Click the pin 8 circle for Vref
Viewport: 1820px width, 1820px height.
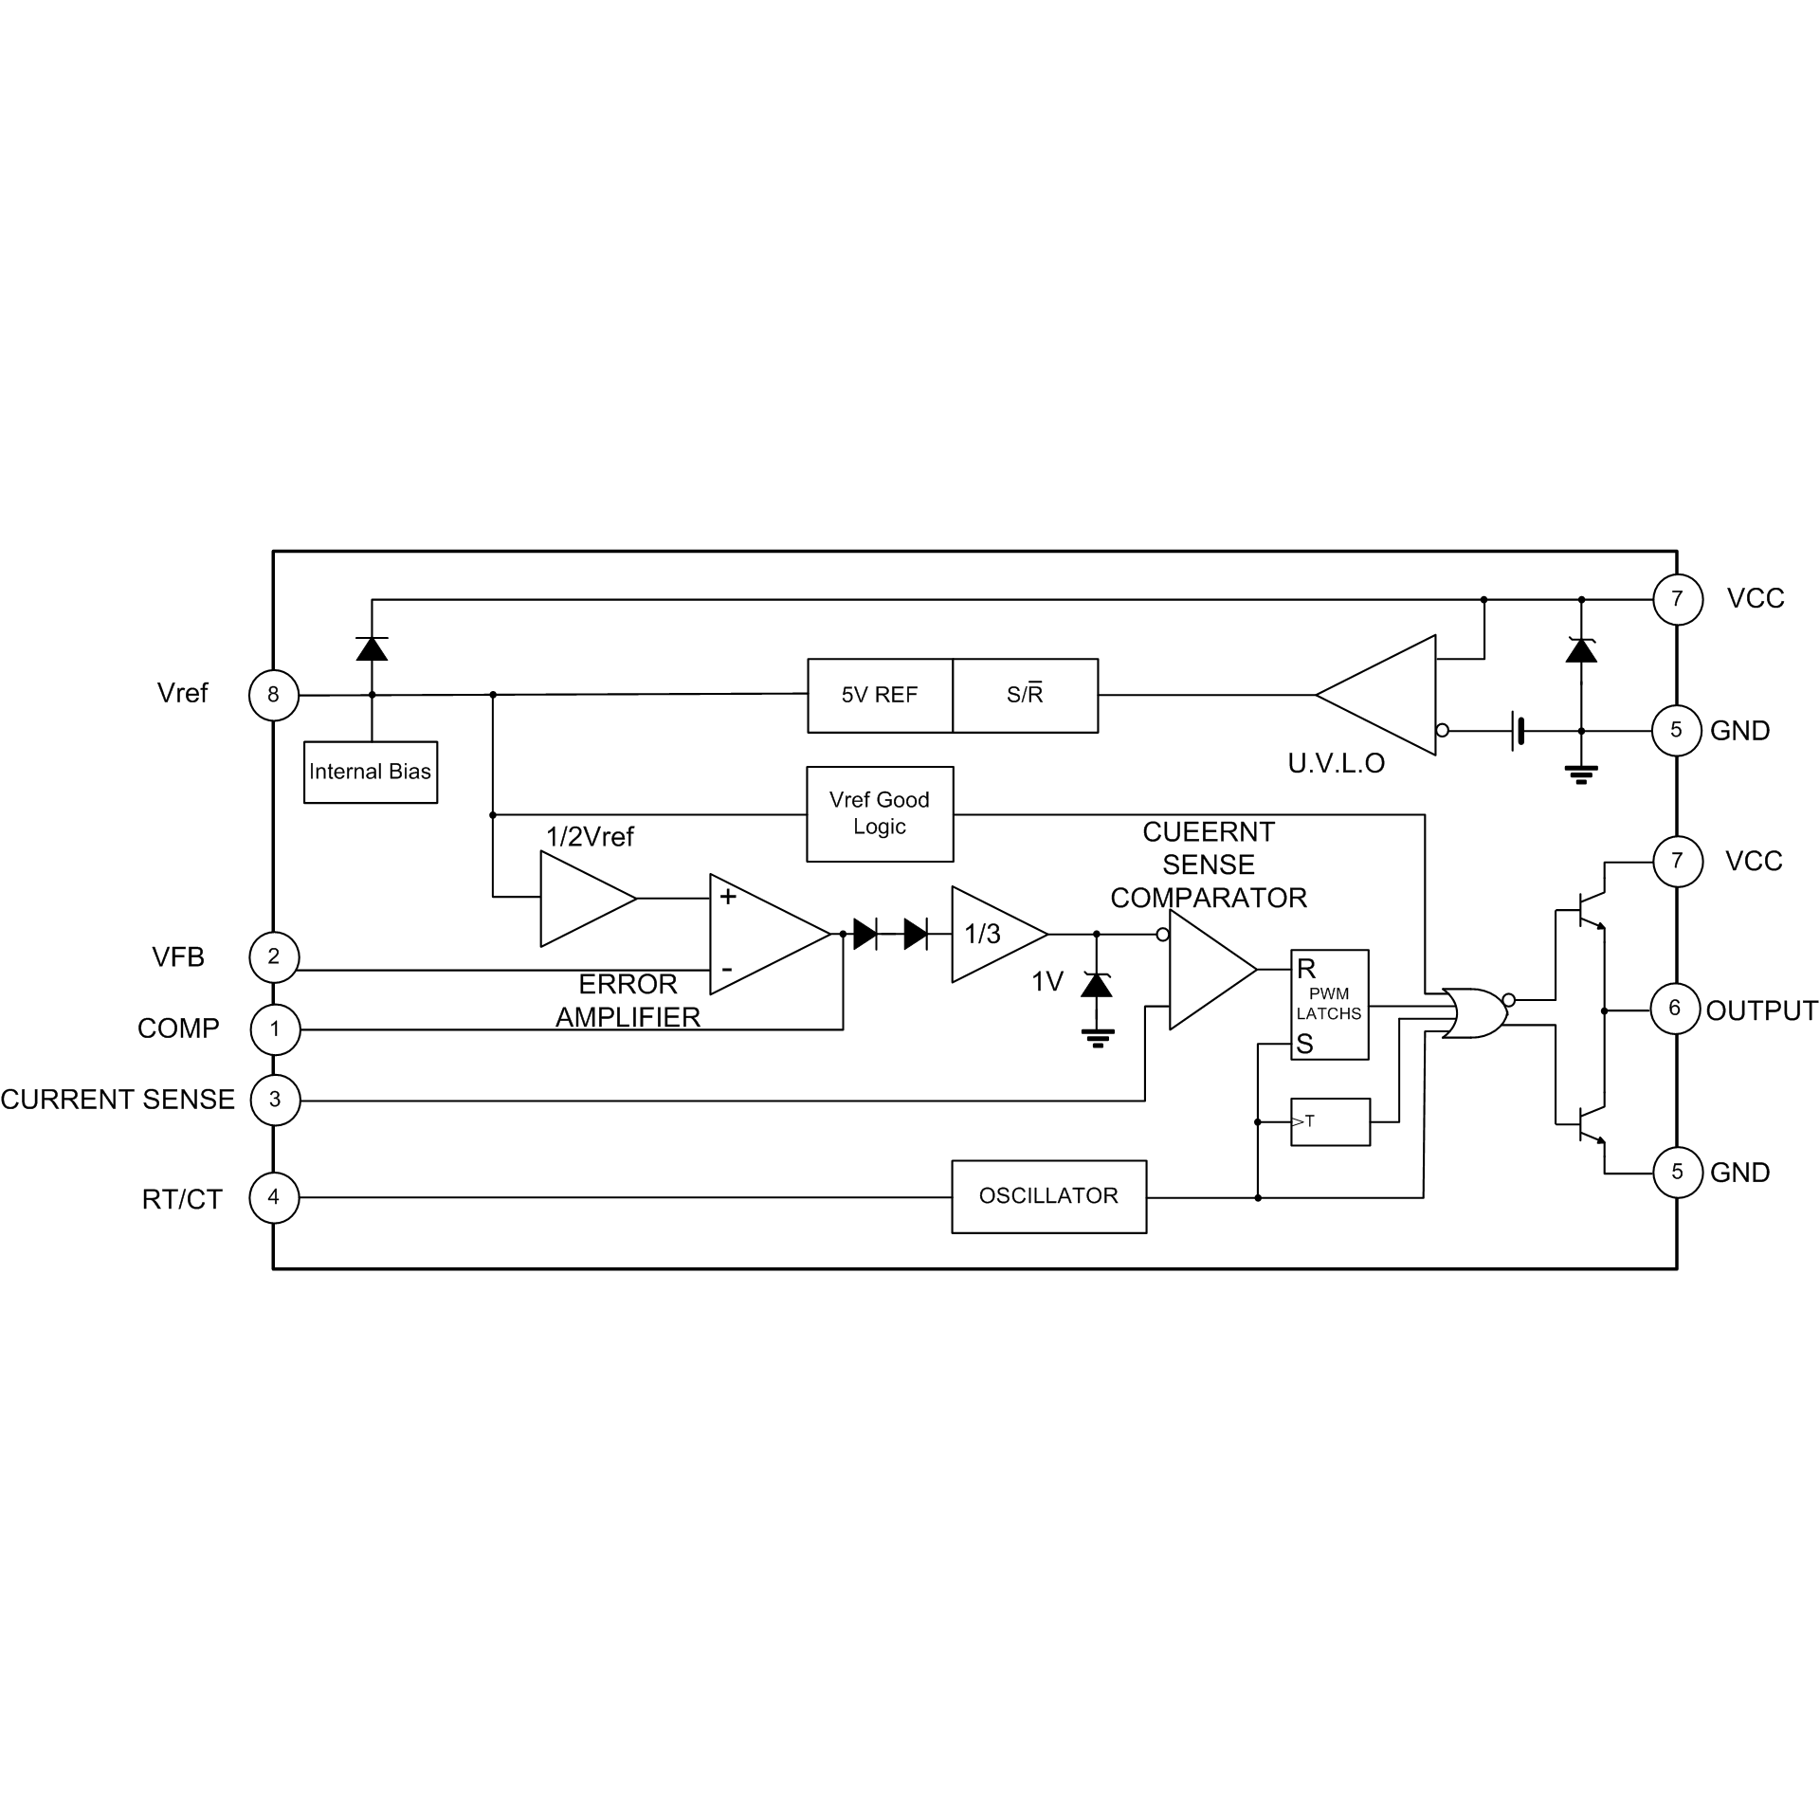click(x=273, y=695)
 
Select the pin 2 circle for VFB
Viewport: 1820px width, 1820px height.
click(x=274, y=956)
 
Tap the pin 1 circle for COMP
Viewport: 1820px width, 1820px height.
click(x=275, y=1029)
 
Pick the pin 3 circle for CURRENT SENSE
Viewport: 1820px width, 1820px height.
click(x=275, y=1100)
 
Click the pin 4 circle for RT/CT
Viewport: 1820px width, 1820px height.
click(x=274, y=1197)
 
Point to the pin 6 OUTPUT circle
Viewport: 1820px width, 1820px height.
click(x=1675, y=1009)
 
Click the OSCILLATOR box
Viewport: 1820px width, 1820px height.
click(x=1048, y=1196)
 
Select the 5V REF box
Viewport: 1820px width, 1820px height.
click(x=880, y=696)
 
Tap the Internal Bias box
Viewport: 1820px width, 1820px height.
click(x=371, y=772)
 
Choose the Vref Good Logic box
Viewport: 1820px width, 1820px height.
click(x=880, y=813)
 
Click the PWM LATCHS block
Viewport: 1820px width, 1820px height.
click(x=1329, y=1005)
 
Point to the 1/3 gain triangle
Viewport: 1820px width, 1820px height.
click(x=993, y=935)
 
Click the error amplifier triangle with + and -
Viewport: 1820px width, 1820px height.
click(x=763, y=935)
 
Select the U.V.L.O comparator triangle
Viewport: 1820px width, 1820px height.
click(x=1389, y=695)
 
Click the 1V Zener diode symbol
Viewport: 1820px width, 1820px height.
click(x=1097, y=985)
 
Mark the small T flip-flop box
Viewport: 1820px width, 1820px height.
click(x=1330, y=1121)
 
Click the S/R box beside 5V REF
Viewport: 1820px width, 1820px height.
click(x=1025, y=696)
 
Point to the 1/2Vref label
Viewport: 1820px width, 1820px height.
click(x=590, y=837)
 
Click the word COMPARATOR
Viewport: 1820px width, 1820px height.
click(x=1209, y=898)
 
